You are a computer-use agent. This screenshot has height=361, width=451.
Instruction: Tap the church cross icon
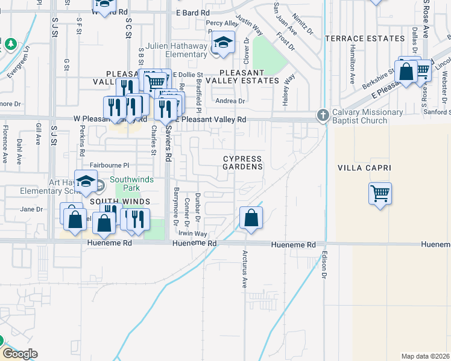coord(323,114)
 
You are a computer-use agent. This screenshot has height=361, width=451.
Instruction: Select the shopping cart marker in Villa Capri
coord(380,194)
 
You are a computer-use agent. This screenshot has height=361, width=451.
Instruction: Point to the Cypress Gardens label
coord(243,162)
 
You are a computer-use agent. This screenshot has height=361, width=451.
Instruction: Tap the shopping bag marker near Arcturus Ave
coord(251,218)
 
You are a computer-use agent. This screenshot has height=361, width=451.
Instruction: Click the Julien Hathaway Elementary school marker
coord(223,43)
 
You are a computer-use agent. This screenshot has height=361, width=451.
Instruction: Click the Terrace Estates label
coord(365,39)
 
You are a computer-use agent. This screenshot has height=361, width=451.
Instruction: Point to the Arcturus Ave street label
coord(245,270)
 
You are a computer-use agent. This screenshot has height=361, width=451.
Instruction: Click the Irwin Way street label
coord(192,233)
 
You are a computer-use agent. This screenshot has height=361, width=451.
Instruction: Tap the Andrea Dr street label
coord(230,101)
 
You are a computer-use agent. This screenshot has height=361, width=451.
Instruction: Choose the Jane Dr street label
coord(32,209)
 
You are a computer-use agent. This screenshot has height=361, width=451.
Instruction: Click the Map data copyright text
coord(424,356)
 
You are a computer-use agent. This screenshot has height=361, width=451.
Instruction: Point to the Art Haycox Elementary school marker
coord(86,182)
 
